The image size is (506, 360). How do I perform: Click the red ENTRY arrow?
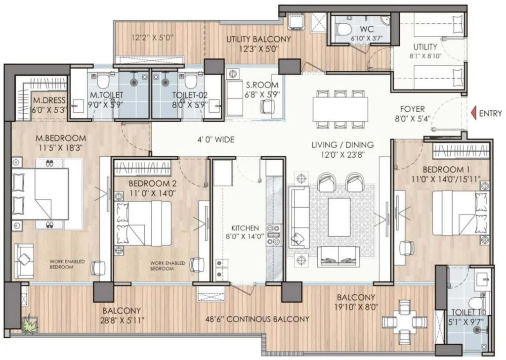(x=474, y=113)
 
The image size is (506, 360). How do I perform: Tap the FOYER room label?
(x=412, y=109)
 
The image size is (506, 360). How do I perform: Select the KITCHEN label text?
(x=245, y=227)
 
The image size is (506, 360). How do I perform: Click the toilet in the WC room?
(x=343, y=29)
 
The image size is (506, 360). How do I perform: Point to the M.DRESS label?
(x=49, y=100)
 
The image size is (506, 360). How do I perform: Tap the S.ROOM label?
(x=262, y=85)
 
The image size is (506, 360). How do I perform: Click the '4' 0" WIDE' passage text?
(x=216, y=140)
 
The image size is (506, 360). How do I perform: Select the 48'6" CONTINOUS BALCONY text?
(x=257, y=319)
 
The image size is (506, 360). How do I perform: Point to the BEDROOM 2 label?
(x=153, y=183)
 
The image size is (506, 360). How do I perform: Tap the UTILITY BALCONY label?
(x=258, y=39)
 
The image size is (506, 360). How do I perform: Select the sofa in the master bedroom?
(x=24, y=261)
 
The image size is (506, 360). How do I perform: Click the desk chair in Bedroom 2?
(x=197, y=265)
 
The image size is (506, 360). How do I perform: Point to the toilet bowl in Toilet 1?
(x=476, y=303)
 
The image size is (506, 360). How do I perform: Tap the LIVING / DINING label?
(x=342, y=145)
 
